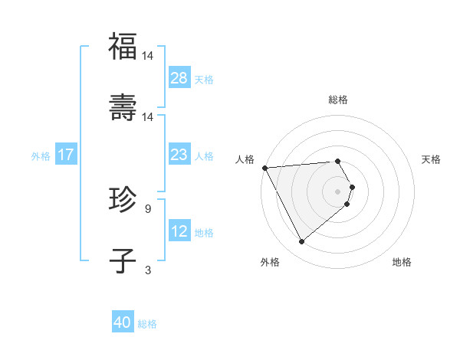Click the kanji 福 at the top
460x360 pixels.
coord(123,47)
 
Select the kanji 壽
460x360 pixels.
coord(123,108)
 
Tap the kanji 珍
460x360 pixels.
coord(123,201)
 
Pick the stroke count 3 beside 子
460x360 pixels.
coord(147,270)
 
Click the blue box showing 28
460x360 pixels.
coord(179,78)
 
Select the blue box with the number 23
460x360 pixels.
coord(179,155)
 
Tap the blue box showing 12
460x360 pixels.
coord(179,231)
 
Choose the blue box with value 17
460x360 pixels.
coord(66,155)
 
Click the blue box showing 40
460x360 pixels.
coord(123,323)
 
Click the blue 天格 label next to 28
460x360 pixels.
coord(204,79)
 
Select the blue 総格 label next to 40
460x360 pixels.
coord(147,324)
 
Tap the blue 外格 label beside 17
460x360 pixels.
coord(41,155)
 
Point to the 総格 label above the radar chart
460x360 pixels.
coord(338,100)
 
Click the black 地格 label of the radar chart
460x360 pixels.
coord(402,262)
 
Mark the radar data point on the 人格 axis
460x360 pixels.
coord(264,167)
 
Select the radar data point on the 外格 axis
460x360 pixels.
coord(301,241)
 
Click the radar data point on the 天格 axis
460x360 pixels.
coord(353,187)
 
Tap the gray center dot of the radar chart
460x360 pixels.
coord(338,191)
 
